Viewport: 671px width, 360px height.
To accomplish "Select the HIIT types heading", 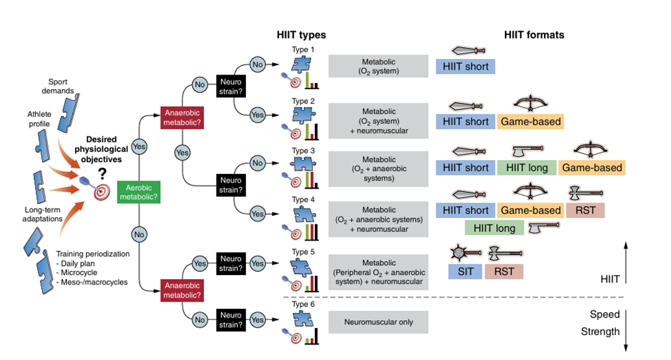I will click(301, 35).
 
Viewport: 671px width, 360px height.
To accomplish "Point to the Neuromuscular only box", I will click(378, 322).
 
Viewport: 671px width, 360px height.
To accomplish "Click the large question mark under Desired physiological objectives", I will click(103, 174).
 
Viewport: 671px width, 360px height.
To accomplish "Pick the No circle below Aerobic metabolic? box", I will click(140, 234).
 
